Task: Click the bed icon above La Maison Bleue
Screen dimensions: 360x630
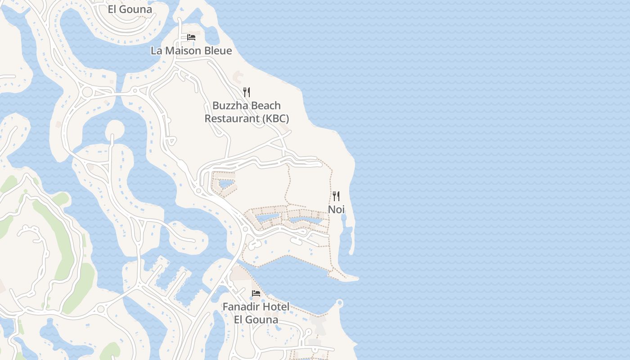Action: pos(191,37)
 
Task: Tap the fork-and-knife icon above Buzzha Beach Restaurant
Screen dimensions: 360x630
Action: pos(247,92)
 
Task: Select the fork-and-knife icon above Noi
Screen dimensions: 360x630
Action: pos(336,196)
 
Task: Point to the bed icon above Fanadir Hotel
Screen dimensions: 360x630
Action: pos(256,293)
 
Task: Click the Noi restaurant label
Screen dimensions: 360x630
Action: pos(336,209)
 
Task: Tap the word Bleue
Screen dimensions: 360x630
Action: pos(218,50)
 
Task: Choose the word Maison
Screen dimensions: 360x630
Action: pos(183,50)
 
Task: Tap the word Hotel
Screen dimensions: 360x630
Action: pos(276,307)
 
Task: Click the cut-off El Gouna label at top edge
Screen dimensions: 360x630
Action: pos(130,9)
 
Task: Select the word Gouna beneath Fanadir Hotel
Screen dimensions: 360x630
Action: pos(263,320)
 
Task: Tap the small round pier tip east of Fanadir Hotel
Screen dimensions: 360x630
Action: pos(340,303)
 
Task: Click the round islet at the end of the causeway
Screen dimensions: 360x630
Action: pos(114,130)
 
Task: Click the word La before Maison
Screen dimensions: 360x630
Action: pos(157,50)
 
